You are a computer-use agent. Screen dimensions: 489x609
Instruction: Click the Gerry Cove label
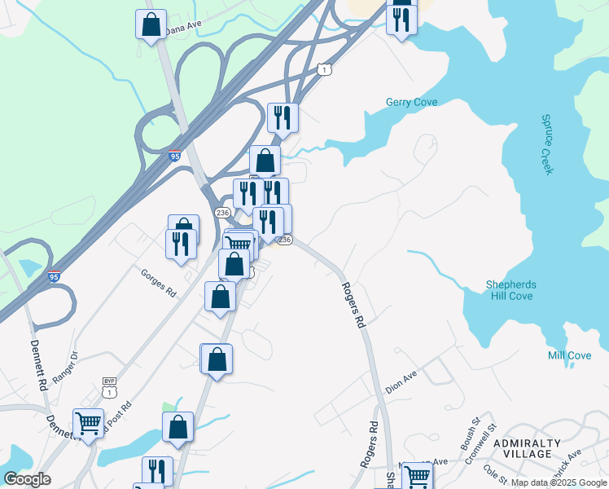[x=411, y=102]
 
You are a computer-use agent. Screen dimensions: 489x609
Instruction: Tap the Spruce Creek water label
[x=547, y=143]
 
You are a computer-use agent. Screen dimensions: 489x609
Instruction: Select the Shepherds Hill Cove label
[x=510, y=290]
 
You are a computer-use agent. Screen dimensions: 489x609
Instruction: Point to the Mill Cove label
[x=570, y=355]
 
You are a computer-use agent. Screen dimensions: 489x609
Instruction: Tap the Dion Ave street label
[x=401, y=383]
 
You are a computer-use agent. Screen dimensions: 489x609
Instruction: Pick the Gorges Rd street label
[x=159, y=282]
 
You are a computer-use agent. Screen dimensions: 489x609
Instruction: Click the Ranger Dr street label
[x=64, y=368]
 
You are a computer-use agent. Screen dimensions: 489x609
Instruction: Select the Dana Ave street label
[x=183, y=27]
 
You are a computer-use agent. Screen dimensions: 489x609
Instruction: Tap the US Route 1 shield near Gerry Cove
[x=325, y=70]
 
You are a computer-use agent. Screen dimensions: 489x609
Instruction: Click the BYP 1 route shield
[x=109, y=387]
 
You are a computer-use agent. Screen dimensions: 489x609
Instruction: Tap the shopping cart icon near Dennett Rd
[x=88, y=423]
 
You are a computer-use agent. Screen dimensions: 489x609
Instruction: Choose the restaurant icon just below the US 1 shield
[x=283, y=117]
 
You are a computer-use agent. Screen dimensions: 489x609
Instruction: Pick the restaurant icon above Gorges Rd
[x=181, y=244]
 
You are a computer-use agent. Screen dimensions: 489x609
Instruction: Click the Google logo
[x=27, y=479]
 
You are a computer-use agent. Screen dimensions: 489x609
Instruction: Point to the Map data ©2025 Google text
[x=559, y=482]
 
